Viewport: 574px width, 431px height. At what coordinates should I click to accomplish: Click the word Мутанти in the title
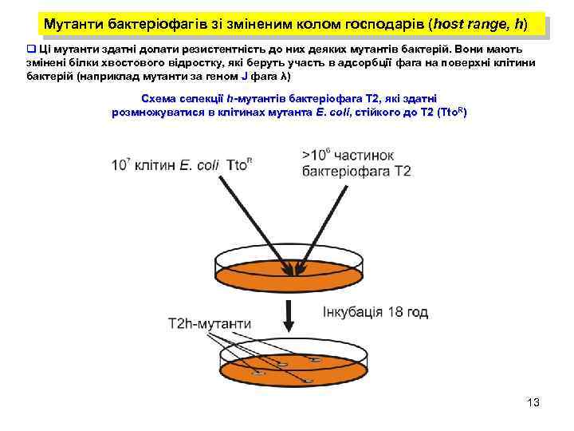(x=73, y=25)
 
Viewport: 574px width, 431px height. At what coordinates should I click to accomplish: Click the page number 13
(x=533, y=402)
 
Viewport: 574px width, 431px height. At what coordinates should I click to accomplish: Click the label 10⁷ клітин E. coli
(x=167, y=165)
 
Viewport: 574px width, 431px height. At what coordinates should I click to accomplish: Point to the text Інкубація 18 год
(x=375, y=312)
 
